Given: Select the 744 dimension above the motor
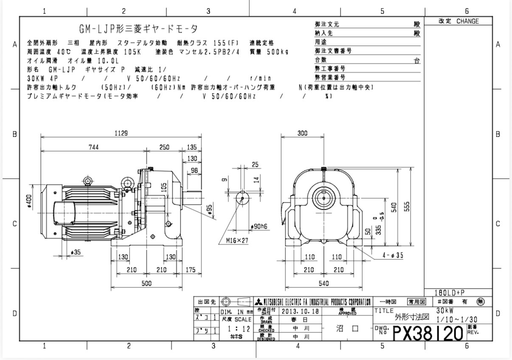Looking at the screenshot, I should pos(93,147).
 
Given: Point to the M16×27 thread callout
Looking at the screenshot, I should pos(237,241).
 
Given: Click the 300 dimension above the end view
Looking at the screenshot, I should pos(302,133).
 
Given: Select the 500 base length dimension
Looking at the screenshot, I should pos(146,284).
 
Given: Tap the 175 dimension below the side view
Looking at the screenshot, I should pos(191,270).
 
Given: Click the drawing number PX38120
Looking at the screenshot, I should pos(428,332).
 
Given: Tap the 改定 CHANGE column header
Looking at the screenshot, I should pos(459,21).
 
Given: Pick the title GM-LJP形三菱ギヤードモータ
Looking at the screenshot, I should pos(138,29).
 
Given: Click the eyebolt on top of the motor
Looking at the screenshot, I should pos(88,182).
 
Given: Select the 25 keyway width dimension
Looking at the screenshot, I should pos(255,164).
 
